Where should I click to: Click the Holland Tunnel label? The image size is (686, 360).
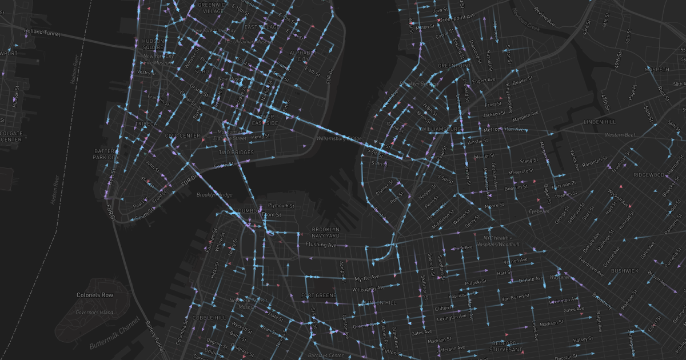[x=42, y=33]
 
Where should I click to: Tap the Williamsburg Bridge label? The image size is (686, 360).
[x=340, y=139]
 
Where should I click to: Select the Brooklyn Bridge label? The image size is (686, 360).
[x=214, y=195]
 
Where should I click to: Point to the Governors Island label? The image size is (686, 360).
[x=95, y=312]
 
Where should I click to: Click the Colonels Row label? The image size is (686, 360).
[x=95, y=295]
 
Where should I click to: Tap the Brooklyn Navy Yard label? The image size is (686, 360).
[x=326, y=233]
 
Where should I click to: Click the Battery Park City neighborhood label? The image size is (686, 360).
[x=106, y=154]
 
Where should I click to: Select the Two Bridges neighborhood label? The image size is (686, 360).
[x=236, y=153]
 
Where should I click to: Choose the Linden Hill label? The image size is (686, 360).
[x=600, y=122]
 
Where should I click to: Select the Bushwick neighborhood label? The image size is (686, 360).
[x=624, y=271]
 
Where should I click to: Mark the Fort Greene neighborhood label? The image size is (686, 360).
[x=314, y=295]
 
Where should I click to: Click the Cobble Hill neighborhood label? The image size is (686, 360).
[x=209, y=318]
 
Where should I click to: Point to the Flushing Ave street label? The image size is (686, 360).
[x=321, y=245]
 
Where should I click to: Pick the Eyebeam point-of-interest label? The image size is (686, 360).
[x=538, y=211]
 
